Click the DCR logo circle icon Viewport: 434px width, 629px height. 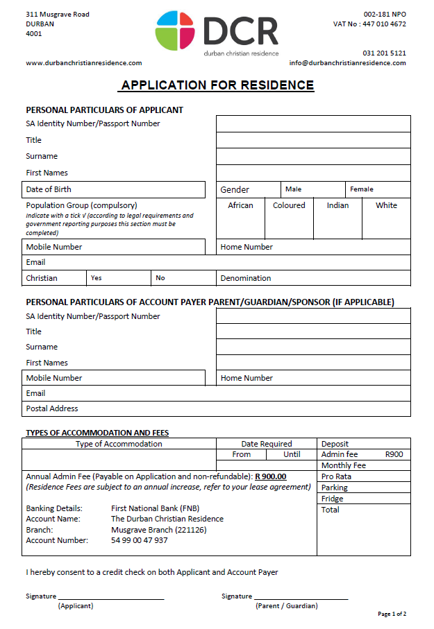(x=176, y=31)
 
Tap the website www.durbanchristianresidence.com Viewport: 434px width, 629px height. (x=84, y=63)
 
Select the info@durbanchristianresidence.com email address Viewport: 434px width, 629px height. (x=348, y=63)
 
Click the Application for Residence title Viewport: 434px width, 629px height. (x=217, y=86)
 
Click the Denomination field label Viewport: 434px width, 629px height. (x=246, y=278)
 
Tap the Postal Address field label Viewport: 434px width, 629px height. (x=52, y=408)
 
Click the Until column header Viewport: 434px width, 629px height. (x=292, y=455)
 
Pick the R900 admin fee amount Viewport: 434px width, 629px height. (x=394, y=455)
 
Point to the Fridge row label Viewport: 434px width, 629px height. (x=333, y=499)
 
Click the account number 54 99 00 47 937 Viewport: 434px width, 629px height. (x=139, y=540)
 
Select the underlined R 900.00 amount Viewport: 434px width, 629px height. (x=271, y=476)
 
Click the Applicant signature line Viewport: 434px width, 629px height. (x=111, y=597)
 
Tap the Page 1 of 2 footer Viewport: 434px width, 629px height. (x=392, y=614)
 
